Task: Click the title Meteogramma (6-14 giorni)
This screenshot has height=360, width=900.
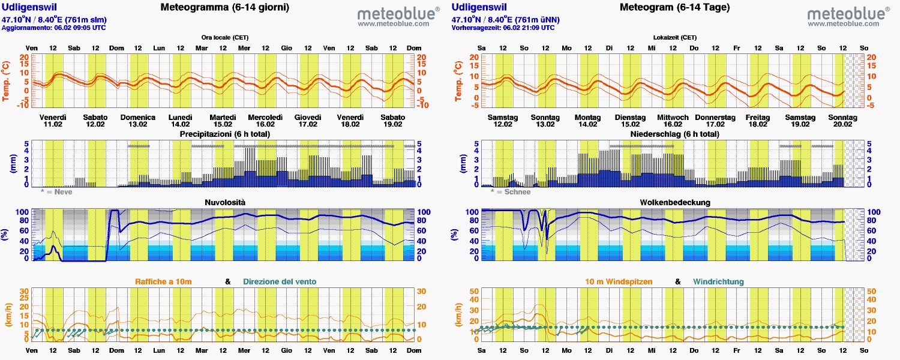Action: [225, 8]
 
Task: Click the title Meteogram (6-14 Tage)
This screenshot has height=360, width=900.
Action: [675, 8]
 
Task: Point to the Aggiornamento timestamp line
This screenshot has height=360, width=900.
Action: [54, 28]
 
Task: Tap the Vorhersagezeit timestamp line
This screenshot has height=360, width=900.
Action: [503, 28]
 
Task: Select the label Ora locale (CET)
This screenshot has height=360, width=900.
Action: [225, 37]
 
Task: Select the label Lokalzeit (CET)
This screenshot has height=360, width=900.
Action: [675, 37]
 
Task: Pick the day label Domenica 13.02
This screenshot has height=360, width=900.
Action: [138, 121]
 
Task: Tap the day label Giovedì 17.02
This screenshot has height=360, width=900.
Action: [308, 121]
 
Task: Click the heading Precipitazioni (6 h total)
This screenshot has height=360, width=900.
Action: [225, 134]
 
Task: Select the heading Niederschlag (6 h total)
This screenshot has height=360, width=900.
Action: [675, 134]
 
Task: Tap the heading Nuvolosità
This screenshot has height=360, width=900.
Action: [225, 203]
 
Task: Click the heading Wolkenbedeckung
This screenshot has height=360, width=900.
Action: [675, 203]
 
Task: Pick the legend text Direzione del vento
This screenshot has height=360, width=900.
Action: [280, 281]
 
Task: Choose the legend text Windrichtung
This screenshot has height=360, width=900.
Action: [718, 281]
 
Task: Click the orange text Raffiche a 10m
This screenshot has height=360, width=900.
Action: [163, 281]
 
